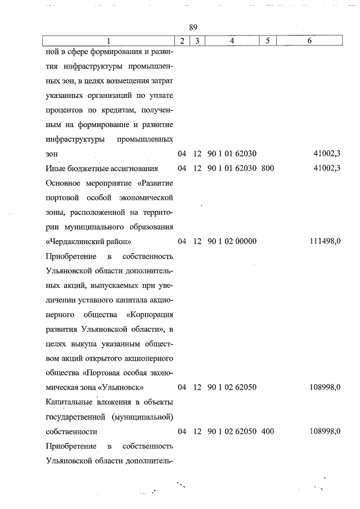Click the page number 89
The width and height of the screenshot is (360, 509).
click(193, 28)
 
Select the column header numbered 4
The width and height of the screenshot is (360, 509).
click(232, 40)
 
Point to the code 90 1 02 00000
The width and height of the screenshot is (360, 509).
click(232, 241)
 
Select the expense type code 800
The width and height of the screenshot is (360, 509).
click(268, 168)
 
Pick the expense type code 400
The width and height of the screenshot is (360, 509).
click(268, 431)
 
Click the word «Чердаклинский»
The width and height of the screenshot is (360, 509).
click(74, 241)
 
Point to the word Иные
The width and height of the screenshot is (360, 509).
click(54, 168)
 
